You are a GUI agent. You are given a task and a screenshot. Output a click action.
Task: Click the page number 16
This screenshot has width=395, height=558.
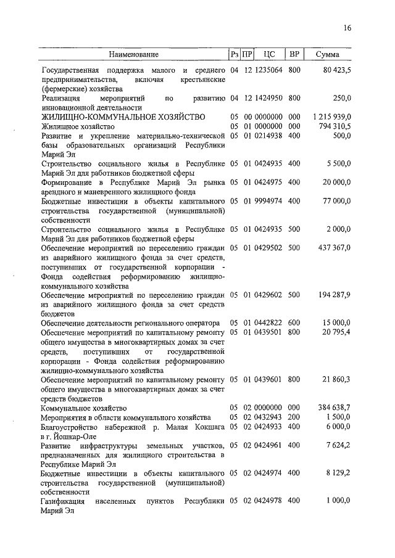(347, 28)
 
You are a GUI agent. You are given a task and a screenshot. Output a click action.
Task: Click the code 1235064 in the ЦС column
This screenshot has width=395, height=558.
(268, 70)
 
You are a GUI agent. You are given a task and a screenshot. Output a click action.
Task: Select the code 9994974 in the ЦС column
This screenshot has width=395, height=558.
(268, 201)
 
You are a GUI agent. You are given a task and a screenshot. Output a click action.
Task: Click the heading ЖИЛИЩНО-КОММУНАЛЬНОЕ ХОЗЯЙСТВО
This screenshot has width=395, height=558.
(123, 117)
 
